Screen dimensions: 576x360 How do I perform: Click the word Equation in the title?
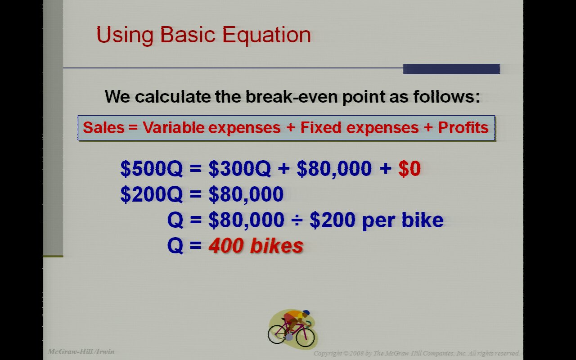click(267, 35)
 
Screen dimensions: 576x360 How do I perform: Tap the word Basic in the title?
click(188, 34)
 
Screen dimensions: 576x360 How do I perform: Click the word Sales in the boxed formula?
click(103, 127)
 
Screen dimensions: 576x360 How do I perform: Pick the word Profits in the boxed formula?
click(463, 127)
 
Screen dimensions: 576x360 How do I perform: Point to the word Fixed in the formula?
click(321, 127)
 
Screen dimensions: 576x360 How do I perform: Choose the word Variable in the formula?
click(174, 127)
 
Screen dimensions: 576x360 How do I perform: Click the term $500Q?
click(152, 168)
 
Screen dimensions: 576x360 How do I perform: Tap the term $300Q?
click(240, 168)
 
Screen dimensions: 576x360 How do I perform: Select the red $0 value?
click(409, 168)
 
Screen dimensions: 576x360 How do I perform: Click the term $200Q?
click(152, 194)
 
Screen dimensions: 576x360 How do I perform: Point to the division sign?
click(297, 220)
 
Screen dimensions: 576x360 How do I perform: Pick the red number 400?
click(226, 246)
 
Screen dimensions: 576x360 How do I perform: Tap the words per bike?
click(403, 220)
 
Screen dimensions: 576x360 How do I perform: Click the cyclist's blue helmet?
click(306, 313)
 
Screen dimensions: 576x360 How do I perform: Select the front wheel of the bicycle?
click(305, 336)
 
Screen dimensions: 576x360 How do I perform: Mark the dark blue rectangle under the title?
click(451, 69)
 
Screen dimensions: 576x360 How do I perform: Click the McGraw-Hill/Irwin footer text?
click(81, 351)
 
